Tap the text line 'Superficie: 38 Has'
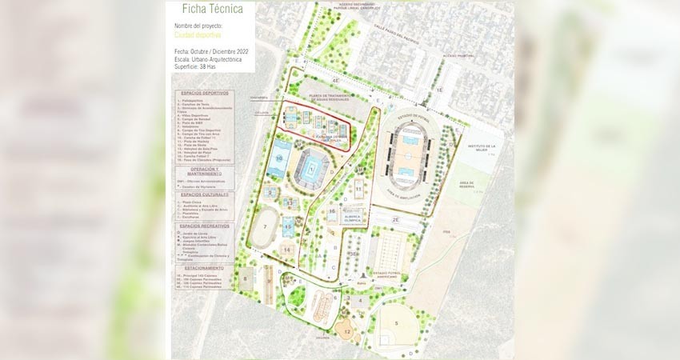click(x=202, y=67)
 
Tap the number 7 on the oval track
click(x=265, y=227)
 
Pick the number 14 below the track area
click(x=286, y=250)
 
